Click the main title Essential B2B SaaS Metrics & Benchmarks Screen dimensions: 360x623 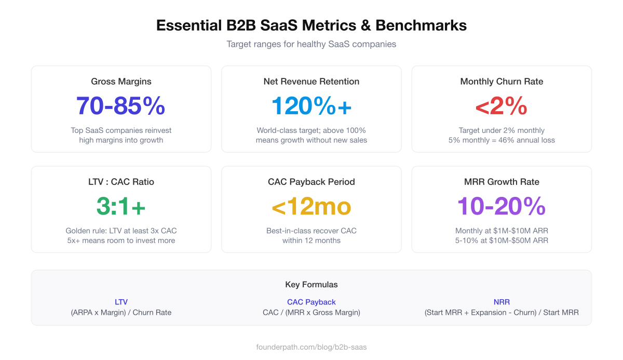click(x=311, y=25)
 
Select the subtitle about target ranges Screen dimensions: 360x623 click(x=311, y=44)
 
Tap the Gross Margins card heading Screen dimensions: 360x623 click(x=121, y=82)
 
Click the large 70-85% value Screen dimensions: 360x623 click(x=121, y=106)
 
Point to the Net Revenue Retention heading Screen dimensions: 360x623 click(x=311, y=82)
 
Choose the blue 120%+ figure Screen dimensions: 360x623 click(x=311, y=106)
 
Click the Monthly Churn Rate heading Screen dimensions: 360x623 click(x=502, y=82)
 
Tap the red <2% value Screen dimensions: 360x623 click(x=502, y=106)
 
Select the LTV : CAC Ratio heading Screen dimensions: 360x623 click(x=121, y=182)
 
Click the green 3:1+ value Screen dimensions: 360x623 click(x=121, y=206)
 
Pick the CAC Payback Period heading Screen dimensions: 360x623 click(x=311, y=182)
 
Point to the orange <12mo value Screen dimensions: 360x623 click(x=311, y=206)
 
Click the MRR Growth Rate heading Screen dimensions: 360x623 click(x=502, y=182)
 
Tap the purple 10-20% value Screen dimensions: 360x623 click(x=502, y=206)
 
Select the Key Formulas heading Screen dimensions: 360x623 click(x=311, y=285)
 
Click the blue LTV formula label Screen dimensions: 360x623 click(x=121, y=302)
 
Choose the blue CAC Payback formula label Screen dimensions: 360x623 click(x=311, y=302)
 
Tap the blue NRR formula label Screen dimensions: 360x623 click(x=502, y=302)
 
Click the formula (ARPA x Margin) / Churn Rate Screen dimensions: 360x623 click(x=121, y=312)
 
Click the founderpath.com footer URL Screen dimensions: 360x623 click(x=311, y=346)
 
